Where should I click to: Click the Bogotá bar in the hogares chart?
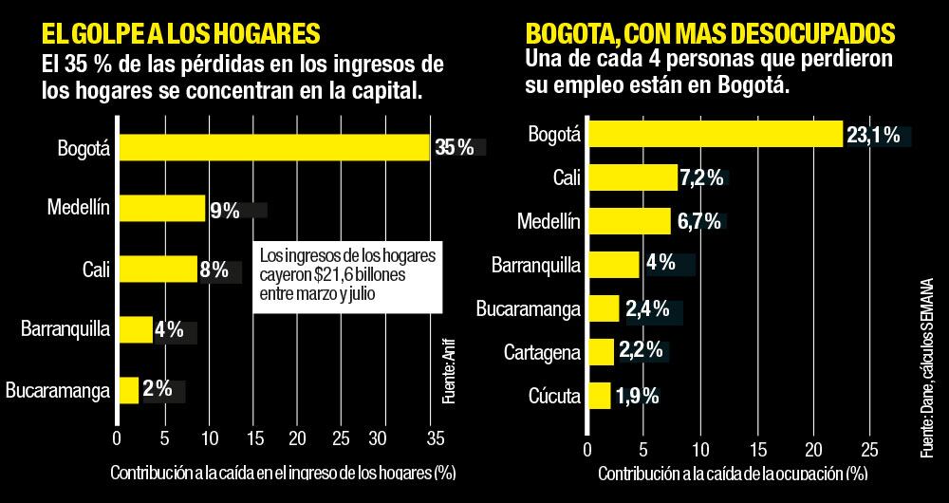(273, 148)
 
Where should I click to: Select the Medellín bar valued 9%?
(160, 209)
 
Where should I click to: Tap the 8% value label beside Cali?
(214, 270)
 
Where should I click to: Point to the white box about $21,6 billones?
(348, 275)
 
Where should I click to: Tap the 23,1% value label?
(872, 136)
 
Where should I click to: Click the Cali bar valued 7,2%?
(632, 177)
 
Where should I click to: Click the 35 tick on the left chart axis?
(434, 438)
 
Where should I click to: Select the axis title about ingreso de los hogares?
(284, 473)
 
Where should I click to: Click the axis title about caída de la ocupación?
(732, 473)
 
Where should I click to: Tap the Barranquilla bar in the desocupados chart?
(613, 265)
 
